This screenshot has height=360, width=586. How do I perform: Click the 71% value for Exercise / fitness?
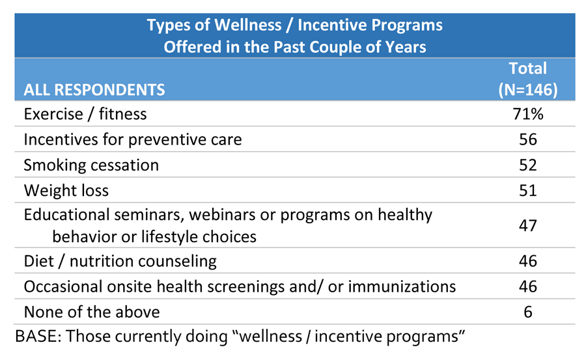(527, 114)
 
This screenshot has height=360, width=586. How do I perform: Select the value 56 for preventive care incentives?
(527, 139)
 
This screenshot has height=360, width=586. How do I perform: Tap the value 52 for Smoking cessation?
(527, 165)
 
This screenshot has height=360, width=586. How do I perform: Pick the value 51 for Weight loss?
(527, 190)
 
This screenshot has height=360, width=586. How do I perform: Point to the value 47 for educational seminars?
(527, 225)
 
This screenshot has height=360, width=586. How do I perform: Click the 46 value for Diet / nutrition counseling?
(527, 261)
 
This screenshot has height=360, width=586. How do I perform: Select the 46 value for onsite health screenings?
(527, 286)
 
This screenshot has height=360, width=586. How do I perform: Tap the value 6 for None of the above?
(527, 312)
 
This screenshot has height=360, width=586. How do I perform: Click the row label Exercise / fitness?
(85, 114)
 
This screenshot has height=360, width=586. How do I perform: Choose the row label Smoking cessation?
(91, 165)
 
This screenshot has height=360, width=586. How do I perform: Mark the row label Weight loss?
(66, 191)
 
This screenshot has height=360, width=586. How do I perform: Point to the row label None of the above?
(92, 312)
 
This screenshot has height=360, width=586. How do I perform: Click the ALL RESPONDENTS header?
(94, 90)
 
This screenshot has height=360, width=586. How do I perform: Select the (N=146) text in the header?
(527, 90)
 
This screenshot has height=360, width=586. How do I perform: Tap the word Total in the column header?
(527, 68)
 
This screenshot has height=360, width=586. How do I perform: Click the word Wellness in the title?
(248, 25)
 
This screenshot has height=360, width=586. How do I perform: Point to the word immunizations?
(402, 286)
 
